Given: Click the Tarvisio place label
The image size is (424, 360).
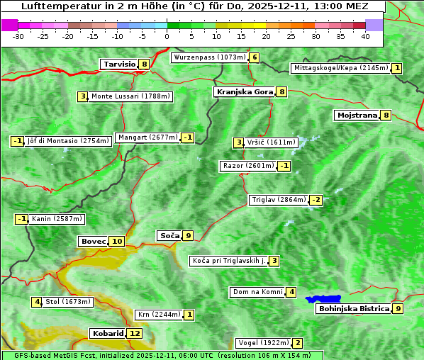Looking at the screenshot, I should click(119, 64).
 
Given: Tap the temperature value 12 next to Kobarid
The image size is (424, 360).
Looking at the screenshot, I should click(135, 333).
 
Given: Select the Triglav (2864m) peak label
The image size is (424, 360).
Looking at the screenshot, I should click(279, 200).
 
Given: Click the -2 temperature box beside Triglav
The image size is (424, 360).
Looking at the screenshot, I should click(316, 200).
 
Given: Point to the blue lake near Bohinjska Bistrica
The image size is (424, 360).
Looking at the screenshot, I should click(323, 299).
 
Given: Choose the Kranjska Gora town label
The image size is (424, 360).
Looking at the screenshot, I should click(244, 91).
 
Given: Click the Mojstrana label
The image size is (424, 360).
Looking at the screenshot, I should click(357, 115).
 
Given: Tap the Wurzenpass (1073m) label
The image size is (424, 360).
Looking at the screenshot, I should click(210, 57).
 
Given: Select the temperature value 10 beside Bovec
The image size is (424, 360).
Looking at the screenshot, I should click(117, 241).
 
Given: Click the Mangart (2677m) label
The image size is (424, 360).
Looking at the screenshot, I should click(147, 137).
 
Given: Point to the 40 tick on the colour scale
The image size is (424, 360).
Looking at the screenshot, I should click(365, 35).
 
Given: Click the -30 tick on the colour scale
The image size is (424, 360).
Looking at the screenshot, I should click(18, 35).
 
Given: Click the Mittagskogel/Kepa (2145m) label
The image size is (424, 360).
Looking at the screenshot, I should click(340, 68).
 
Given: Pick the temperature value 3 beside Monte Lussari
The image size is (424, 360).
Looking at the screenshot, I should click(82, 96).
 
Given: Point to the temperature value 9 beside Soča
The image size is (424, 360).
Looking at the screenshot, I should click(187, 235).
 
